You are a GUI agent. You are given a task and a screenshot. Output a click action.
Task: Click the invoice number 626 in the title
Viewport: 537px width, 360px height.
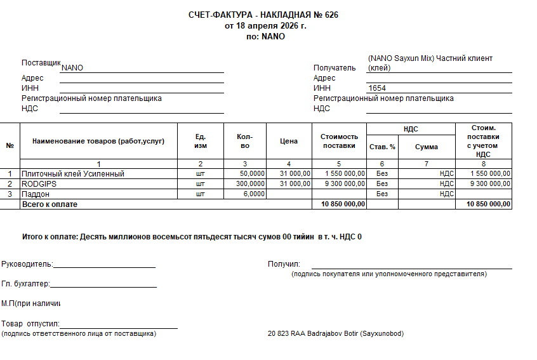[331, 15]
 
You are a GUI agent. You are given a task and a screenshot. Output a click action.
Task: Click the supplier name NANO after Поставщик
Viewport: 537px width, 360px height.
[72, 68]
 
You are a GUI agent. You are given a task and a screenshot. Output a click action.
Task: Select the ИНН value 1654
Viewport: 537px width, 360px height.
[377, 88]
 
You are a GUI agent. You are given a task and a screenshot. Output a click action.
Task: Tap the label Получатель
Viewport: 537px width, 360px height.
[335, 68]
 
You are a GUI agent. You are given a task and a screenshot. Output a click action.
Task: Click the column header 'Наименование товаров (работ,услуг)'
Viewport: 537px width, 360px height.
[98, 141]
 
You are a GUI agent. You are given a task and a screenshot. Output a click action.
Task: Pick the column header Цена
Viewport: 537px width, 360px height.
[289, 141]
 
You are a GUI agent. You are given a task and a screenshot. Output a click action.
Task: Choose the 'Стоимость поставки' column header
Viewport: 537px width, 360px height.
[339, 141]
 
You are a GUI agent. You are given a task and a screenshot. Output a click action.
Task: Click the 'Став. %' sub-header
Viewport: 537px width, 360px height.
[382, 147]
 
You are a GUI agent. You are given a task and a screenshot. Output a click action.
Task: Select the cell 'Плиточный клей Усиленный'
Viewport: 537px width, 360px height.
[73, 173]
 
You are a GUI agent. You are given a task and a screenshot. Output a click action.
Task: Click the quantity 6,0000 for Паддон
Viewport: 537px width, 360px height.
[254, 194]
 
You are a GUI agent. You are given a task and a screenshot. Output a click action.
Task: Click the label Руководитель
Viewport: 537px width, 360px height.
[27, 264]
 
